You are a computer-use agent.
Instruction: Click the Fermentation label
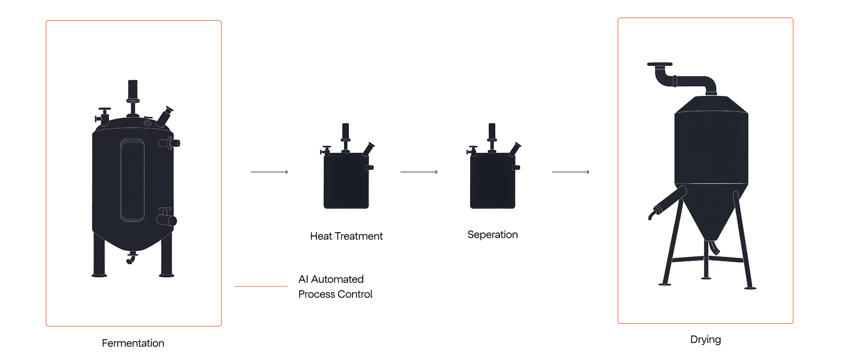click(x=133, y=343)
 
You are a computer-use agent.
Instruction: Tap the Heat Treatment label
click(x=346, y=236)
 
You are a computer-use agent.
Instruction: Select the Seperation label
click(x=493, y=235)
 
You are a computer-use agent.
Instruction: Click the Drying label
click(x=706, y=340)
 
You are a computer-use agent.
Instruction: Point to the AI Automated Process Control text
click(x=335, y=287)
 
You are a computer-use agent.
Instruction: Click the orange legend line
click(x=261, y=287)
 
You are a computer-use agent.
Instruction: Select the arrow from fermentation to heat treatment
click(x=269, y=172)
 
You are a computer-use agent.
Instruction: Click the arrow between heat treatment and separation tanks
click(x=419, y=172)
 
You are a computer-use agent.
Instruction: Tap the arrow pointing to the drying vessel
click(x=571, y=172)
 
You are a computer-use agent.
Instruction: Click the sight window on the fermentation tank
click(x=132, y=180)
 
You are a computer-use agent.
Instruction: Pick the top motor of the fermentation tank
click(x=133, y=91)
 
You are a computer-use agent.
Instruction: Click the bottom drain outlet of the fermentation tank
click(x=131, y=258)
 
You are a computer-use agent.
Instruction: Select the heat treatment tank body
click(x=346, y=181)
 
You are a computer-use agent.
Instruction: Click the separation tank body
click(x=493, y=181)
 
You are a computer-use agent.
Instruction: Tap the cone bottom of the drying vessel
click(x=711, y=213)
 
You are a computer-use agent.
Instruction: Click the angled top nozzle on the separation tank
click(x=515, y=149)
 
